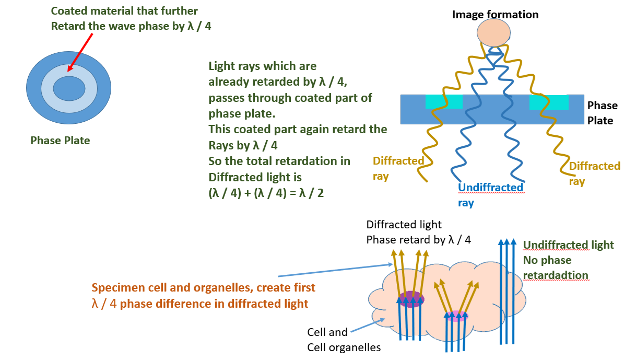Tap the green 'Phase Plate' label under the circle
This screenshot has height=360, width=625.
point(60,141)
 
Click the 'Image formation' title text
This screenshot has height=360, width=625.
point(495,15)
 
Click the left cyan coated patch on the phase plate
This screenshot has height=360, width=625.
point(444,102)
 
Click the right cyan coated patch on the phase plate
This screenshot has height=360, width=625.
point(548,102)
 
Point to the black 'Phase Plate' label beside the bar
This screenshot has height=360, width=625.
point(602,113)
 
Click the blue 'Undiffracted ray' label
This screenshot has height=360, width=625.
point(490,194)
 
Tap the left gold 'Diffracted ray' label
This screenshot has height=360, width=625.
point(398,168)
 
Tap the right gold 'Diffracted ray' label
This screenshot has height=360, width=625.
point(594,173)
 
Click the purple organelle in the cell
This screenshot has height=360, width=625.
point(411,299)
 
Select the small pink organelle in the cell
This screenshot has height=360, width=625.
point(456,315)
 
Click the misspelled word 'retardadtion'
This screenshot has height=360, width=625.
point(556,275)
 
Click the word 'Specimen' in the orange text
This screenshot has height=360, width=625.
point(115,288)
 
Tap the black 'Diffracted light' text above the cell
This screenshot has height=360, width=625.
point(404,225)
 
